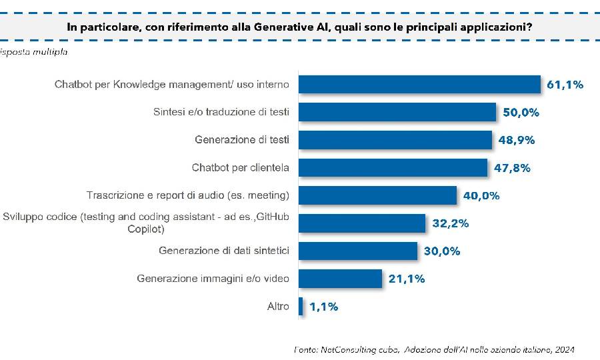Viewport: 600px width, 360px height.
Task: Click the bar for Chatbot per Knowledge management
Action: tap(419, 85)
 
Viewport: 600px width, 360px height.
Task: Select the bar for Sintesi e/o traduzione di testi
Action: tap(397, 112)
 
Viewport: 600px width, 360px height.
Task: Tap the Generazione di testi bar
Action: tap(395, 140)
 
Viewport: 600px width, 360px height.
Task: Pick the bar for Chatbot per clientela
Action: tap(393, 168)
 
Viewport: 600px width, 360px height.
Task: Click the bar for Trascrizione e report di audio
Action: tap(377, 195)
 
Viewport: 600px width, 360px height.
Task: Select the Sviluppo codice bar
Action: tap(361, 223)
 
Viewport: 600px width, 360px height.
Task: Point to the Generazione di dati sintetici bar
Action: tap(357, 251)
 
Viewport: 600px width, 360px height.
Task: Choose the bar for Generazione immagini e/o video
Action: tap(340, 279)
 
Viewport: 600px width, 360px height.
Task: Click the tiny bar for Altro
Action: tap(301, 307)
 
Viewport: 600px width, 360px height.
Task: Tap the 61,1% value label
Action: tap(565, 85)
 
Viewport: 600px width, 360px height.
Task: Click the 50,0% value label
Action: tap(521, 113)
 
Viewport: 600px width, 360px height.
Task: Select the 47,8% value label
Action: tap(512, 168)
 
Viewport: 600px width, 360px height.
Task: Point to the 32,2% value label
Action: tap(451, 223)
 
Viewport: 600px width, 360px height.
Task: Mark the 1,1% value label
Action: tap(323, 307)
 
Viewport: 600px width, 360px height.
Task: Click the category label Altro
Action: tap(278, 307)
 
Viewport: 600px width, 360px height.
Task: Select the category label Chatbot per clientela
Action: tap(241, 168)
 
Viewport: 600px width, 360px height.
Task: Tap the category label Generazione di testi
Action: tap(242, 140)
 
